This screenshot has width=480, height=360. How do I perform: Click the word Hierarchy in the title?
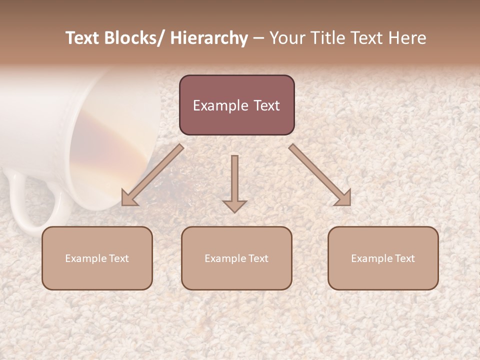(209, 38)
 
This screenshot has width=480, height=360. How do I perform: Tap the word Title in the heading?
(326, 38)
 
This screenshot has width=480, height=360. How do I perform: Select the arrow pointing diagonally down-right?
(320, 175)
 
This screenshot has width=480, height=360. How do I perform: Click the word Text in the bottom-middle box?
(257, 258)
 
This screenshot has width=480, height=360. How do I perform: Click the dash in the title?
(258, 38)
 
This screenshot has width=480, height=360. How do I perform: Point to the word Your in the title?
(286, 38)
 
